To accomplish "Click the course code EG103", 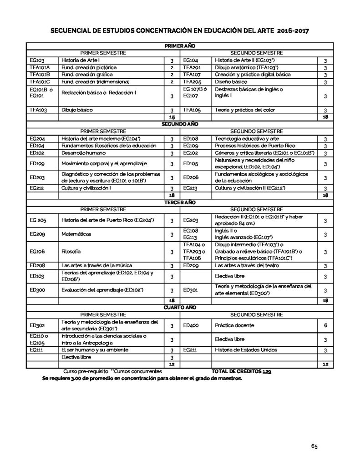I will click(37, 60).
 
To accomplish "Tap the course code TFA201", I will click(192, 67).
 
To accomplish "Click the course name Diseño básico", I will click(232, 82).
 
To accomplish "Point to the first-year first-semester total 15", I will click(172, 117).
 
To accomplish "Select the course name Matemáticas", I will click(76, 234).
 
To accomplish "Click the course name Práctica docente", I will click(234, 325).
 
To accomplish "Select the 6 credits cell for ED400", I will click(325, 325).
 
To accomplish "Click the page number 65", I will click(314, 446).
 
